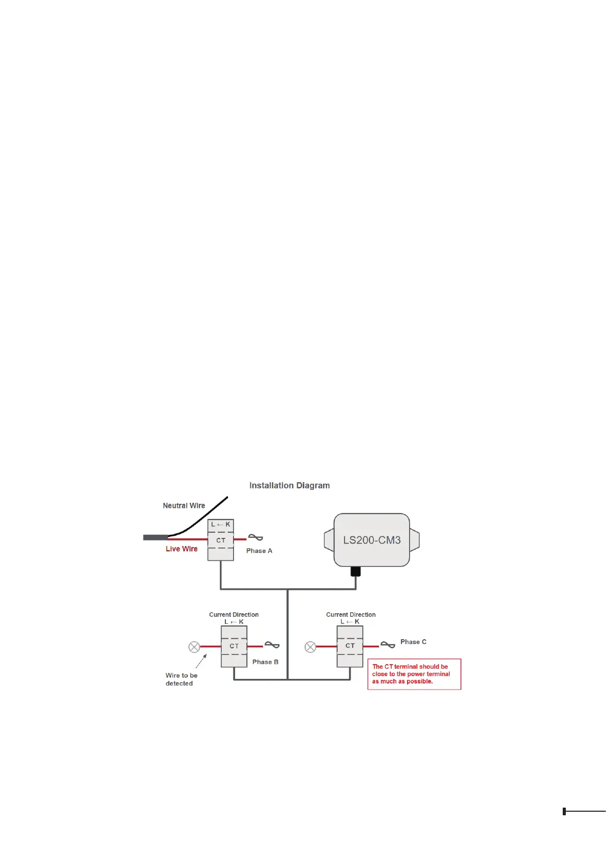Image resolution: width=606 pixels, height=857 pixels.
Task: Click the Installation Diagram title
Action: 289,485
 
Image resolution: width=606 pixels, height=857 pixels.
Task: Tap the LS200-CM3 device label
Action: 371,540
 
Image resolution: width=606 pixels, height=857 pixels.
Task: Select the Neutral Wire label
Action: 184,505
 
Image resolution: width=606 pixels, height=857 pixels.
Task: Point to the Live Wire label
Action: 181,549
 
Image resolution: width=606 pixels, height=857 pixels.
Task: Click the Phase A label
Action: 259,551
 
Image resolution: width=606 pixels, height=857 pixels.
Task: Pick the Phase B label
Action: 265,662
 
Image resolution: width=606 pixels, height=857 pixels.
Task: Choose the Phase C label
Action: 413,642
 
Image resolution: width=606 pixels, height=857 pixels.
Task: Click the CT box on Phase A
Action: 220,540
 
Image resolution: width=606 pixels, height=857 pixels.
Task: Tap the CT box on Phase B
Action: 234,646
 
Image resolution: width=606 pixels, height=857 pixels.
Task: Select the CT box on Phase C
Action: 350,646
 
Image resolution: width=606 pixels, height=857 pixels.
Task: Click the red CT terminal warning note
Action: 414,674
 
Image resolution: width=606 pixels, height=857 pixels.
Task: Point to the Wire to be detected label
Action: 181,679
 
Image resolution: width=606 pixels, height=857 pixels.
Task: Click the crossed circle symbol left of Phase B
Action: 194,647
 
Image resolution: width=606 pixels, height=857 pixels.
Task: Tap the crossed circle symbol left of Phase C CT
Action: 310,647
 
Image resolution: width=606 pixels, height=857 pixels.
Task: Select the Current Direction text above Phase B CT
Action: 234,615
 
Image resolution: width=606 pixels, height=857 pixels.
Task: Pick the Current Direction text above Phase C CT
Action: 351,615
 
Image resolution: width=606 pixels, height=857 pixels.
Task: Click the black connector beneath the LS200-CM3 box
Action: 356,572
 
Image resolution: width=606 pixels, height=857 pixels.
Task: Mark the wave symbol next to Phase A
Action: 255,537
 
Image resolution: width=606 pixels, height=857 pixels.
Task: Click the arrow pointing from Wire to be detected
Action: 201,661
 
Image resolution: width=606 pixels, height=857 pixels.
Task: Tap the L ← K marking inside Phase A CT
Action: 220,524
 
